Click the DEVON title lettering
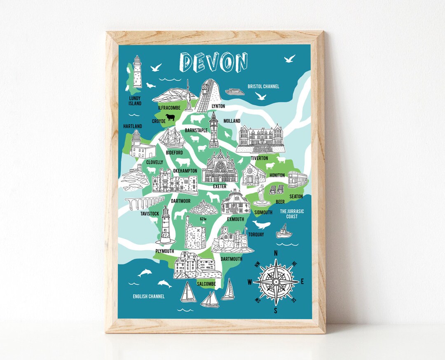pyautogui.click(x=213, y=62)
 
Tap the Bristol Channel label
pyautogui.click(x=263, y=87)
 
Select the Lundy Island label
pyautogui.click(x=135, y=101)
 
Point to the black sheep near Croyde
pyautogui.click(x=170, y=118)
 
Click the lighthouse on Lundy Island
pyautogui.click(x=137, y=72)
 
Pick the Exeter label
pyautogui.click(x=220, y=186)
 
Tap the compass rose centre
pyautogui.click(x=276, y=282)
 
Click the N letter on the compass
pyautogui.click(x=276, y=253)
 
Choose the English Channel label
pyautogui.click(x=149, y=296)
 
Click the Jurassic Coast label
pyautogui.click(x=292, y=214)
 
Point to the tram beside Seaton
pyautogui.click(x=297, y=179)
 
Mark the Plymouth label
pyautogui.click(x=165, y=251)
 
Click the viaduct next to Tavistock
pyautogui.click(x=144, y=203)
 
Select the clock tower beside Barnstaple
pyautogui.click(x=213, y=130)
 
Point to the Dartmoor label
pyautogui.click(x=180, y=201)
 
